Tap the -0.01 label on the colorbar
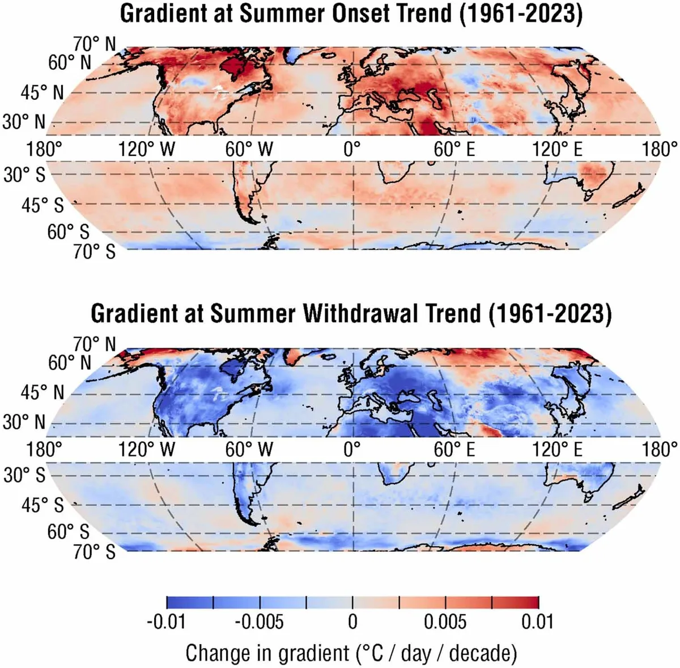[166, 622]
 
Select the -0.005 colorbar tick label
[259, 622]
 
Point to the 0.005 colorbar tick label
[445, 622]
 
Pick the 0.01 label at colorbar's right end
[537, 622]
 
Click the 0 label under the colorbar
[352, 622]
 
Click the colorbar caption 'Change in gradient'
[267, 653]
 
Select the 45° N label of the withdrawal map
[42, 392]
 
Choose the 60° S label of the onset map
[68, 231]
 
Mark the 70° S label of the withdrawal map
[94, 551]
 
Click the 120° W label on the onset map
[147, 150]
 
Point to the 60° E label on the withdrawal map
[454, 450]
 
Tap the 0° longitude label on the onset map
[352, 150]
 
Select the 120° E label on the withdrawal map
[558, 450]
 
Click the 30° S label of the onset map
[24, 175]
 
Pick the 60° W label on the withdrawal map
[249, 450]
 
